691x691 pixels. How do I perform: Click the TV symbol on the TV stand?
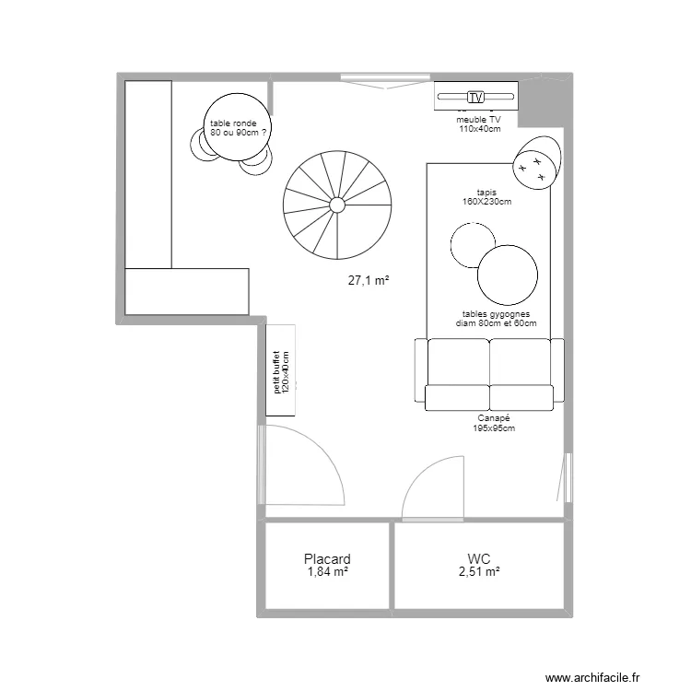tap(475, 97)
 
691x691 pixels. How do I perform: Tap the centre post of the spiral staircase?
tap(337, 205)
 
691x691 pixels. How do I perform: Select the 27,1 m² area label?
tap(369, 280)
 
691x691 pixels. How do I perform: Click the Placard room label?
tap(327, 559)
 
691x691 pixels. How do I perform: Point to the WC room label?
tap(479, 559)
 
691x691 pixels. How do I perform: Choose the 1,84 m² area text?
tap(328, 571)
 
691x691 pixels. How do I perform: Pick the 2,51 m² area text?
tap(479, 571)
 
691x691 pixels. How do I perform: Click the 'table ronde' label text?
tap(233, 123)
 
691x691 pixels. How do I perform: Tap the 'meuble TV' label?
tap(478, 120)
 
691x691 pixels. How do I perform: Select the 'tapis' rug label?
tap(486, 193)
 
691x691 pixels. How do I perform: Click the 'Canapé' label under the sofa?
tap(494, 418)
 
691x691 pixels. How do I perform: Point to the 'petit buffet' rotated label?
tap(276, 372)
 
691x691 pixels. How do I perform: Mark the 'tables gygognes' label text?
tap(496, 314)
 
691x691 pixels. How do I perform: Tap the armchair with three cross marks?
tap(537, 162)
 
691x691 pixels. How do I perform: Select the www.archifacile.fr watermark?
tap(592, 677)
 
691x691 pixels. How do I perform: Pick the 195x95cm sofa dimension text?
tap(494, 427)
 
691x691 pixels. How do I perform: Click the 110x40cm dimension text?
tap(479, 129)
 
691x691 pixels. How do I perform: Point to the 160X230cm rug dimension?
tap(487, 202)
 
